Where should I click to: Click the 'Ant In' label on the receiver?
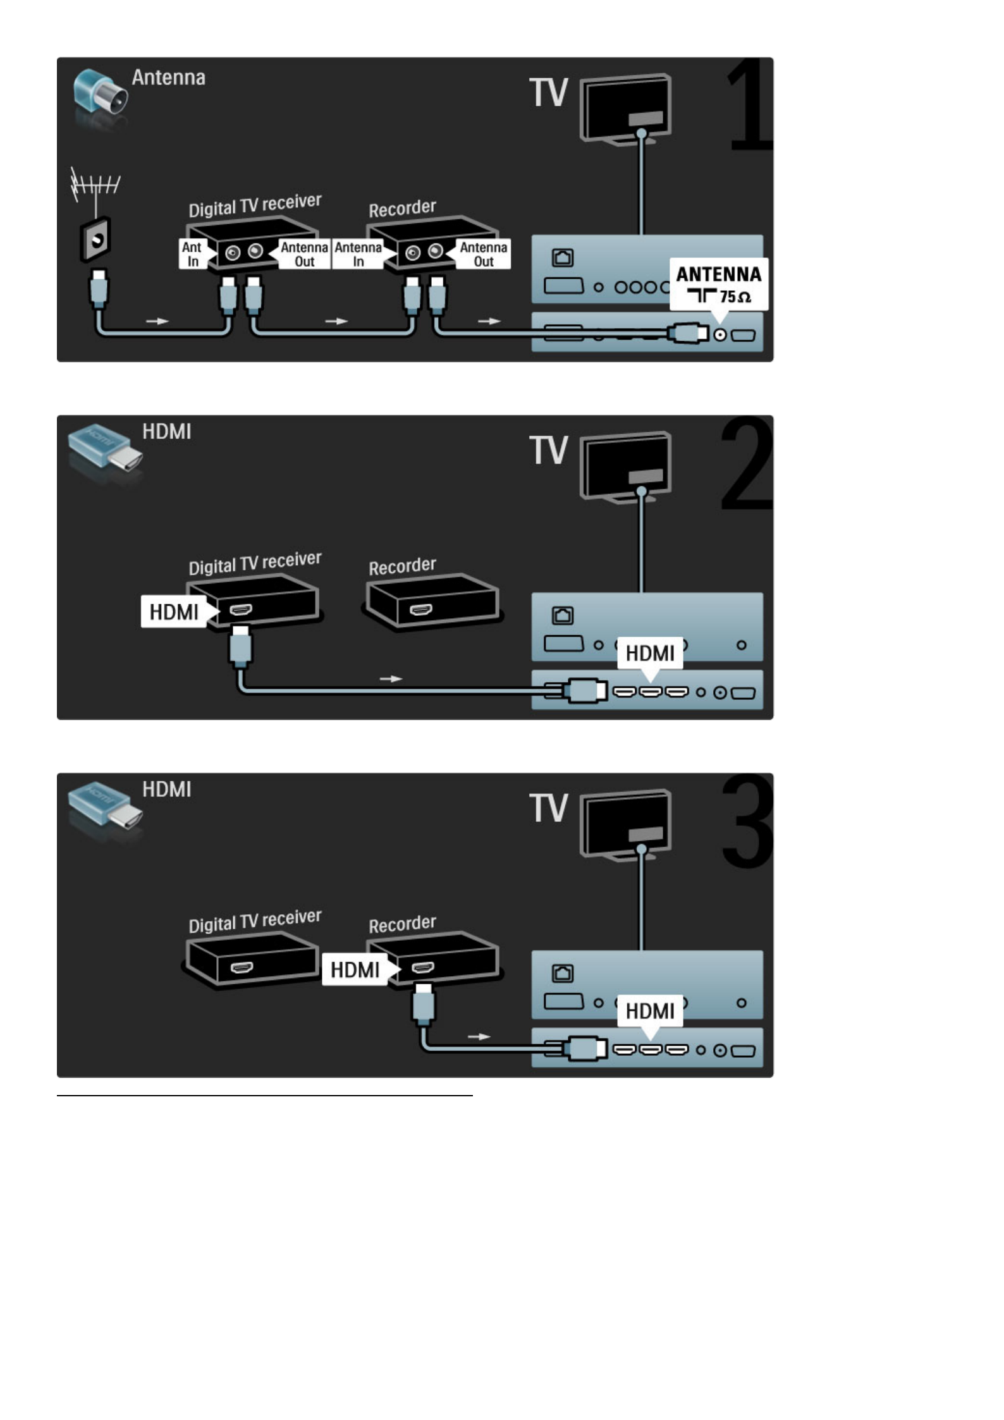(192, 254)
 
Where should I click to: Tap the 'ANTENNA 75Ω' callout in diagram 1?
(718, 284)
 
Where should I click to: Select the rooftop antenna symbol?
(94, 185)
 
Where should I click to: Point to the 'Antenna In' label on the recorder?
(358, 254)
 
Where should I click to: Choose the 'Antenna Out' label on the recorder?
(484, 254)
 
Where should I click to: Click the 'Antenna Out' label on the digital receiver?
(304, 254)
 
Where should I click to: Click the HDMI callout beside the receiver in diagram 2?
(174, 612)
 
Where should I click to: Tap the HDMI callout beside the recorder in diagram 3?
(355, 970)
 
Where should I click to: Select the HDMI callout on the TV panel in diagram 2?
(650, 652)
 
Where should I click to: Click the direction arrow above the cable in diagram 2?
(391, 679)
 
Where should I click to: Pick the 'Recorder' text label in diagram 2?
(402, 566)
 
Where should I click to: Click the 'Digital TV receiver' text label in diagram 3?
(255, 921)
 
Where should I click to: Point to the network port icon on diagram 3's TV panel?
(563, 973)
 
